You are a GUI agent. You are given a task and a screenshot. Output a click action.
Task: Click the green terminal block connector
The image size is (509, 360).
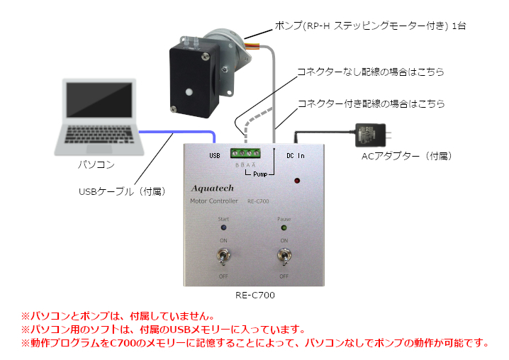point(246,152)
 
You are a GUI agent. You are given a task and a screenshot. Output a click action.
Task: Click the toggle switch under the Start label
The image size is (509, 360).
point(223,256)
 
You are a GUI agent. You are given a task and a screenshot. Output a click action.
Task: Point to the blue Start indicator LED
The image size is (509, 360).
point(223,229)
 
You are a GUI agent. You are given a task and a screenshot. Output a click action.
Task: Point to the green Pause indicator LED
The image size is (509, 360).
point(284,229)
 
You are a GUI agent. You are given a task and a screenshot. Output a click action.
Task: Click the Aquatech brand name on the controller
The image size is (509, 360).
point(217,189)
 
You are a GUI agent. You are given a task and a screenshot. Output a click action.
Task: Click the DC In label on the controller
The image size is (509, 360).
point(295,154)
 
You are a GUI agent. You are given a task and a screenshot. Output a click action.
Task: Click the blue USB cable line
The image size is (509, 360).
point(177,132)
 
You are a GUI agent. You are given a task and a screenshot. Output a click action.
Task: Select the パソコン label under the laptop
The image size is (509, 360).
point(96,164)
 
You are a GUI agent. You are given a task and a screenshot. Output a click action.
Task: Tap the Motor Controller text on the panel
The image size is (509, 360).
point(213,201)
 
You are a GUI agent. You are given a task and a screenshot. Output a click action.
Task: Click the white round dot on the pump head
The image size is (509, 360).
point(189,92)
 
